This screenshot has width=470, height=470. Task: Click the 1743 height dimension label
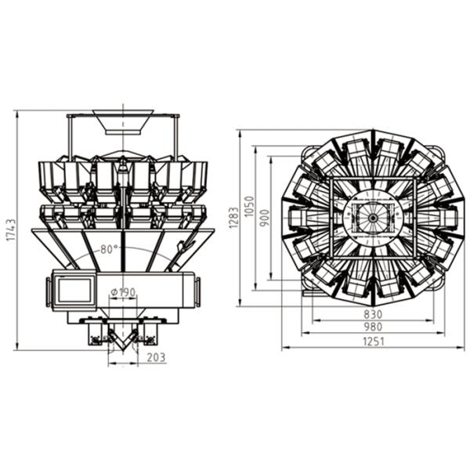11,230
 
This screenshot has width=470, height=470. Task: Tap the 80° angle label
109,249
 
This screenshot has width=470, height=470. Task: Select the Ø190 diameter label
123,291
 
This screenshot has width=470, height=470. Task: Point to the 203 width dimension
156,357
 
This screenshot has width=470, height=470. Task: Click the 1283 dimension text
233,218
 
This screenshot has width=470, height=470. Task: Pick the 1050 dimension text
249,207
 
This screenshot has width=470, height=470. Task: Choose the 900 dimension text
265,218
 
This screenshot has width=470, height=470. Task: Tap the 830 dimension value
373,314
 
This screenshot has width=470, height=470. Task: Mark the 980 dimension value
373,327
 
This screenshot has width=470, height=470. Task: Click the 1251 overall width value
373,342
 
